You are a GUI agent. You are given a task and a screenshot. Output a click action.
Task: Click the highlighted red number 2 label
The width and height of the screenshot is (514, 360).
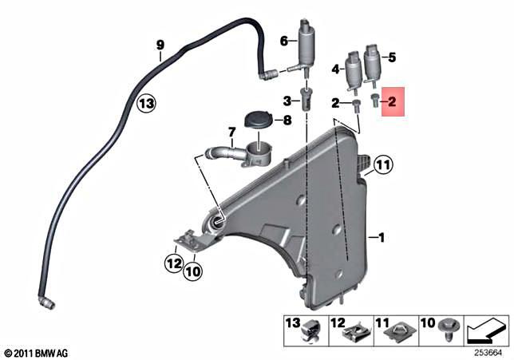tap(393, 101)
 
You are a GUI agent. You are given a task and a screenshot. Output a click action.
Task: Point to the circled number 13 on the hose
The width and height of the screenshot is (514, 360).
tap(144, 103)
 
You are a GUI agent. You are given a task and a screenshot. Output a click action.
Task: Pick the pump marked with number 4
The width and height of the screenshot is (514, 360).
tap(352, 69)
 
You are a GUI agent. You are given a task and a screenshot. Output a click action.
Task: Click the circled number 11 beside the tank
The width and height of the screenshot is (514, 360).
tap(384, 166)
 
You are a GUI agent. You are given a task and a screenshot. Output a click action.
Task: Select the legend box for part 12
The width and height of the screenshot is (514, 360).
tap(348, 330)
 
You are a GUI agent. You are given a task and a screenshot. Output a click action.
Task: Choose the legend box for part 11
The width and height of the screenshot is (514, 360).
tap(392, 330)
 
